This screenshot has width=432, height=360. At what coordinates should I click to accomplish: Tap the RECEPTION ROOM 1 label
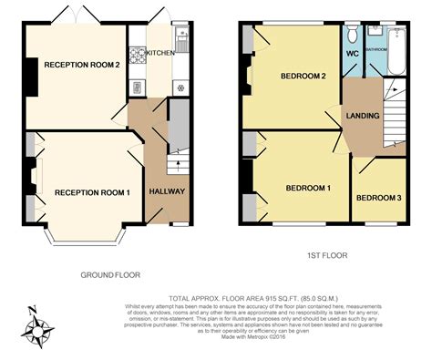(92, 192)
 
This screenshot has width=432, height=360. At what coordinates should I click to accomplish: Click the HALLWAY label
(168, 192)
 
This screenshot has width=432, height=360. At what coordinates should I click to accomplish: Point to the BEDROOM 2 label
(303, 75)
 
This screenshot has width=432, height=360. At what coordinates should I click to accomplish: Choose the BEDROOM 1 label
(308, 188)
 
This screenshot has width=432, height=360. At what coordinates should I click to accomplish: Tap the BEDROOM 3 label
(377, 198)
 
